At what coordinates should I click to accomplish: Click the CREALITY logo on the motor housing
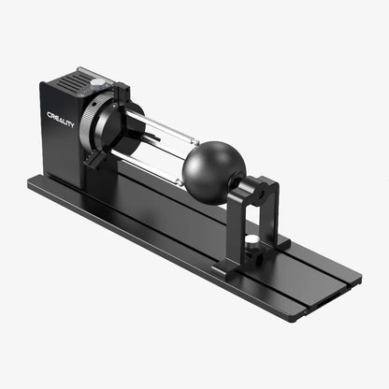click(x=61, y=119)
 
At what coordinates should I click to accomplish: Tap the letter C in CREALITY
click(x=50, y=115)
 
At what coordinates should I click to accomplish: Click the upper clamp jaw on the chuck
click(x=122, y=94)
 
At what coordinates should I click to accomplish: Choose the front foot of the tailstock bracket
click(x=227, y=270)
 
